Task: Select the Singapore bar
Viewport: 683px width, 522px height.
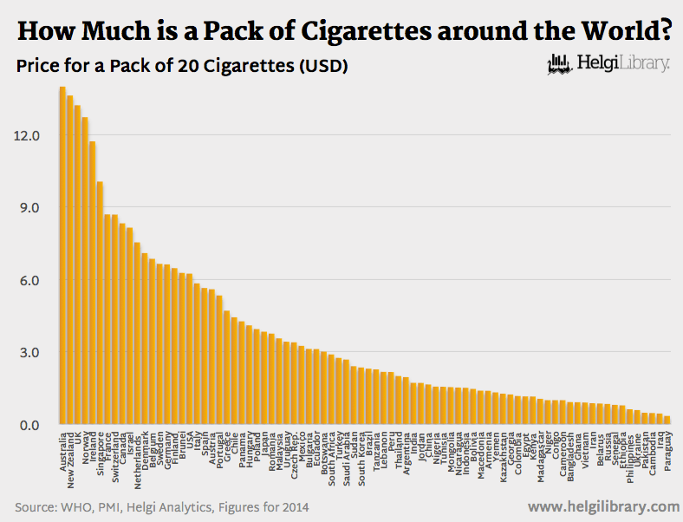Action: pyautogui.click(x=101, y=303)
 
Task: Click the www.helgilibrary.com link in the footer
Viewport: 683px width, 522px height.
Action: pyautogui.click(x=602, y=506)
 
